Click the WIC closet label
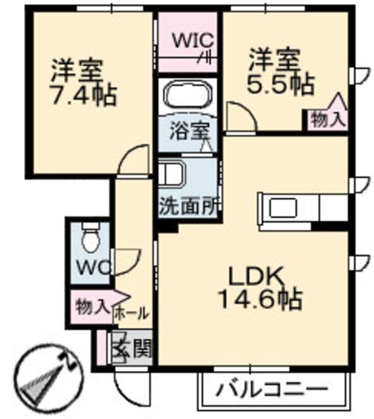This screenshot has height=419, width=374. pyautogui.click(x=193, y=41)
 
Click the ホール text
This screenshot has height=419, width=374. pyautogui.click(x=132, y=314)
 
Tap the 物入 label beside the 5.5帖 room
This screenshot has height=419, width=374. pyautogui.click(x=328, y=120)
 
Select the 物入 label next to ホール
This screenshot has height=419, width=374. pyautogui.click(x=91, y=306)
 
